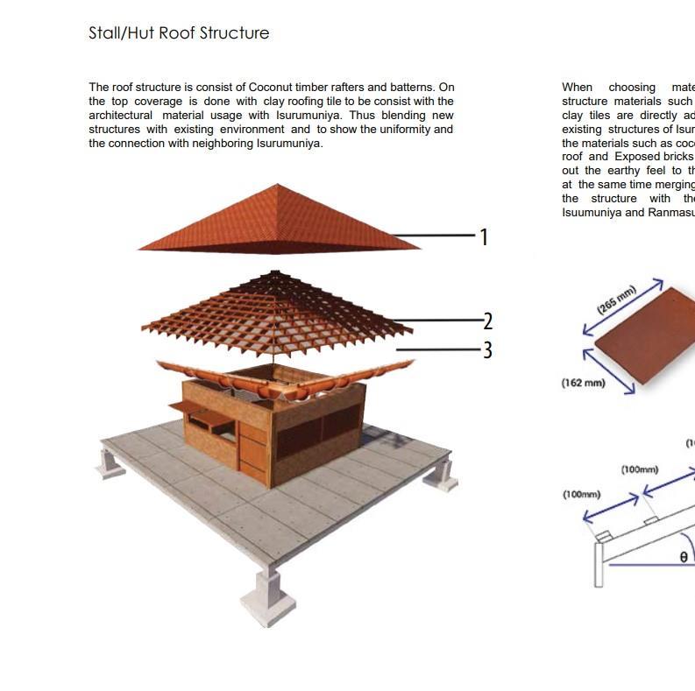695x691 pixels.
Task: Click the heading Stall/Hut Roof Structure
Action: (179, 33)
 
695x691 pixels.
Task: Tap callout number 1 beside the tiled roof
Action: (484, 236)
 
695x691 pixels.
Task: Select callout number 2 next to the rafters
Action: (487, 321)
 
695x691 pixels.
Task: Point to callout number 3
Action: (487, 349)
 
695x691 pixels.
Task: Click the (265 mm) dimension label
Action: (616, 300)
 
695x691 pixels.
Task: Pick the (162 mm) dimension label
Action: (583, 383)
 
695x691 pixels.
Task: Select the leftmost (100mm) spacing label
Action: (581, 495)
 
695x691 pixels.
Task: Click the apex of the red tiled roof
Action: (277, 185)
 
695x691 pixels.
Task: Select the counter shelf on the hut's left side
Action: (190, 406)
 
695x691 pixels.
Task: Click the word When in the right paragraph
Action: (578, 88)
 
